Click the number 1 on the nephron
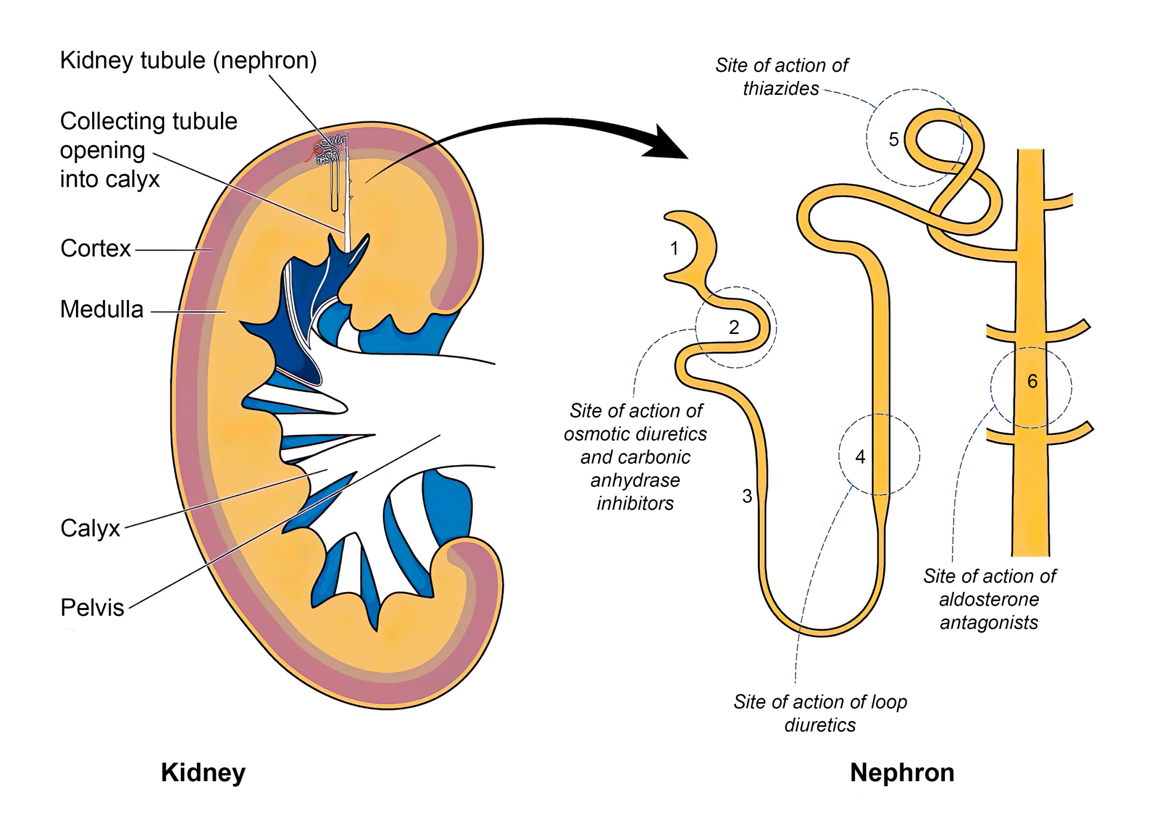coord(674,248)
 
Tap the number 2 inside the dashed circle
coord(734,328)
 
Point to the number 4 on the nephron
coord(861,457)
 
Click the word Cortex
coord(95,249)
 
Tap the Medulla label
coord(102,309)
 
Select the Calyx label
coord(90,529)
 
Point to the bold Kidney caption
coord(203,773)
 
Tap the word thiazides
coord(781,89)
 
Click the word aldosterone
coord(989,600)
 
